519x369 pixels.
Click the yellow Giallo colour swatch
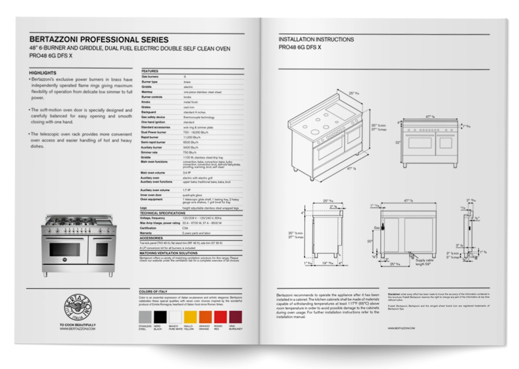pyautogui.click(x=191, y=317)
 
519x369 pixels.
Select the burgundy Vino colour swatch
pyautogui.click(x=235, y=317)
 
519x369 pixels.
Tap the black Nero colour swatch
pyautogui.click(x=161, y=317)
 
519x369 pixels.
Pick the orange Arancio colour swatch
pyautogui.click(x=205, y=317)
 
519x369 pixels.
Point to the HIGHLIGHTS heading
pyautogui.click(x=43, y=73)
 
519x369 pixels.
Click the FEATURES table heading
pyautogui.click(x=149, y=71)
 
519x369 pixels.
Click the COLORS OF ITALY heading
pyautogui.click(x=153, y=292)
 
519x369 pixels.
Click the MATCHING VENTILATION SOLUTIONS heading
pyautogui.click(x=168, y=253)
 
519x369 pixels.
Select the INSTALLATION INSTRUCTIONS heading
pyautogui.click(x=316, y=39)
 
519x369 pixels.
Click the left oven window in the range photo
pyautogui.click(x=64, y=249)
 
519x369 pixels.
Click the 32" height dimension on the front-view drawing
pyautogui.click(x=397, y=143)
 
